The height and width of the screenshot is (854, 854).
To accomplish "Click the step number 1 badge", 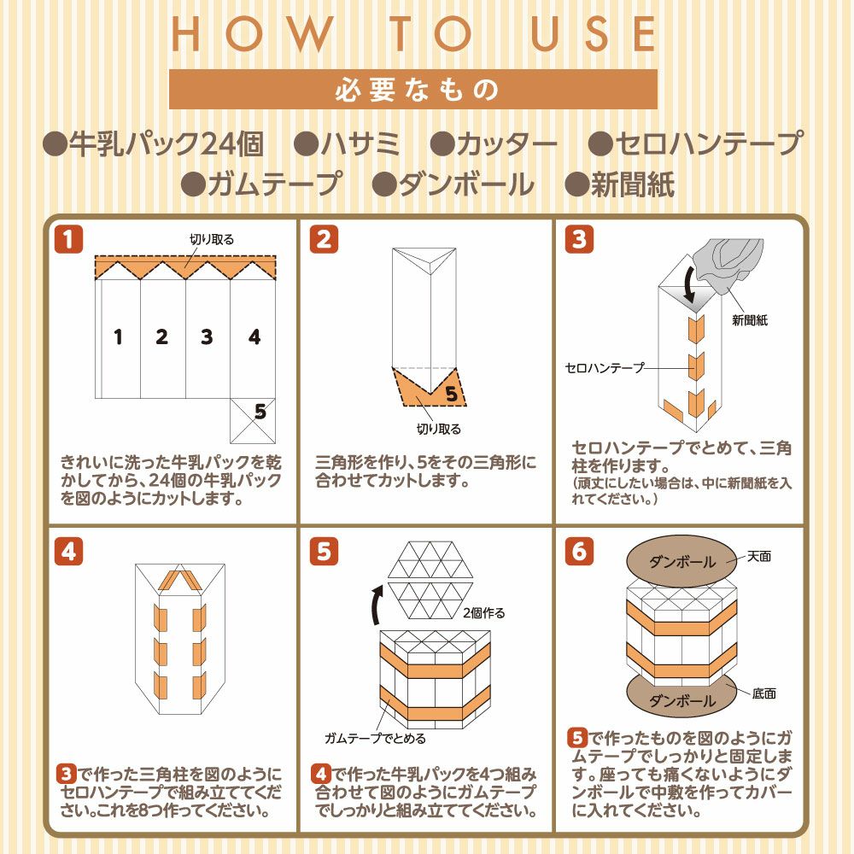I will click(68, 240).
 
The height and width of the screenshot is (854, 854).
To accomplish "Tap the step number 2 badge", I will click(323, 240).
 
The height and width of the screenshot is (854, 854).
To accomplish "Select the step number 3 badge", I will click(579, 240).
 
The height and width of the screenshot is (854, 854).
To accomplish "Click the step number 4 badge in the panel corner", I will click(68, 553).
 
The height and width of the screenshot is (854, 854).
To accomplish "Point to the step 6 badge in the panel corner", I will click(579, 553).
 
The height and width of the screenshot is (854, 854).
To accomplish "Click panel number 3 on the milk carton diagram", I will click(207, 336).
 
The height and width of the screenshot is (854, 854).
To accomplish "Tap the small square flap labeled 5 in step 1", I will click(253, 419).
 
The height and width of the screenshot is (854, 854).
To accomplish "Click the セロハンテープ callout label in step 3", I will click(605, 368).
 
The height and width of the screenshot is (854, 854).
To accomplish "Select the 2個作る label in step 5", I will click(483, 612).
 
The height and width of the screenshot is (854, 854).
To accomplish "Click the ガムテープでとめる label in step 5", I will click(375, 738).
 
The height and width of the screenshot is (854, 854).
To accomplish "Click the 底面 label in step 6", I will click(764, 693).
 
